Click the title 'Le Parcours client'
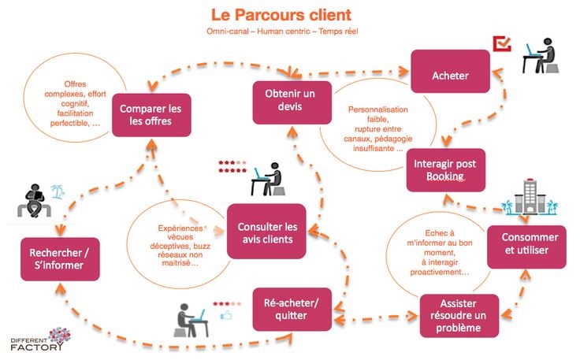click(281, 15)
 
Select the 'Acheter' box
click(450, 72)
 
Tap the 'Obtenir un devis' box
click(292, 102)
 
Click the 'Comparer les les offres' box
click(151, 115)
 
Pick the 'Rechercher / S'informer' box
click(60, 259)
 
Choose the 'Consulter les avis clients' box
click(266, 231)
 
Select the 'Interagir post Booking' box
click(445, 170)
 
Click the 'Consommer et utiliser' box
click(526, 247)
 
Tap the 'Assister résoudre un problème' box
click(459, 316)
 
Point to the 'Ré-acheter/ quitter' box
click(292, 310)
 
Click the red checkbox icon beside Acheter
click(502, 43)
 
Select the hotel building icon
click(530, 197)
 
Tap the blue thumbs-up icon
click(226, 315)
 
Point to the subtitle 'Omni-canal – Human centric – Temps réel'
click(282, 32)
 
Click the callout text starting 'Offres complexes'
click(75, 103)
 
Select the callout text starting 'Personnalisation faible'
click(377, 129)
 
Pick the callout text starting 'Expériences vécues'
click(180, 246)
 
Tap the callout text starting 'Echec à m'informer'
click(440, 252)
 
